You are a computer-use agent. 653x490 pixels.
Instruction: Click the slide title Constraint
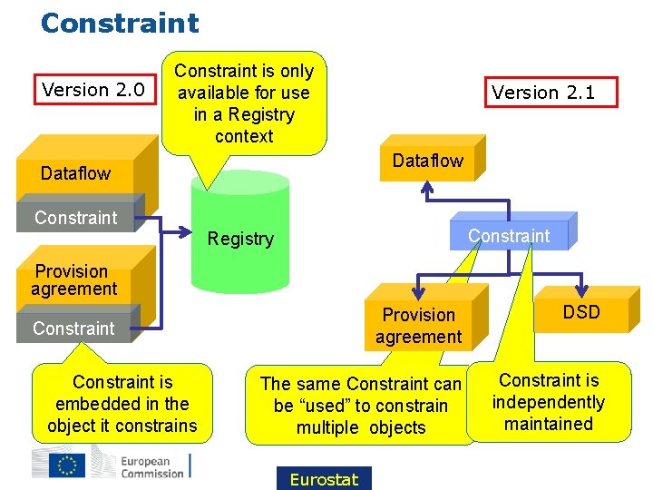pos(119,23)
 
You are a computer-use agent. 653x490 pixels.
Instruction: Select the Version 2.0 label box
pos(93,90)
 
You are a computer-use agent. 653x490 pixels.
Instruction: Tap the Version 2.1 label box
pos(542,93)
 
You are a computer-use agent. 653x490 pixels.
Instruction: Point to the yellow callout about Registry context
pos(244,103)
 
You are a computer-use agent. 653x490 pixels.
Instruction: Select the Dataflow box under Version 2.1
pos(427,162)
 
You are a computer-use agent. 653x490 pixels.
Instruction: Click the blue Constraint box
pos(508,236)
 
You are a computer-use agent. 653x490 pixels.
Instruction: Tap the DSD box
pos(580,313)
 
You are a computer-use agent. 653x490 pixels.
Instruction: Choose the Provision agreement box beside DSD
pos(418,326)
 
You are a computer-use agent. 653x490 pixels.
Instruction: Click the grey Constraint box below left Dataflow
pos(76,218)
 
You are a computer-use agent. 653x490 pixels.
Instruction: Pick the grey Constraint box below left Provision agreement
pos(74,328)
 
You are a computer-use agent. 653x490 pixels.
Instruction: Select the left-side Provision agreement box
pos(74,279)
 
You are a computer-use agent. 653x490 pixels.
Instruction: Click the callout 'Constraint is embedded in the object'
pos(122,404)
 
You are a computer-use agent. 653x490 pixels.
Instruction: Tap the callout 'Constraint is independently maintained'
pos(549,402)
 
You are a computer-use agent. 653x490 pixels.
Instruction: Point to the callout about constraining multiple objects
pos(360,406)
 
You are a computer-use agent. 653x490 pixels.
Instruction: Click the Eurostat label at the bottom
pos(324,479)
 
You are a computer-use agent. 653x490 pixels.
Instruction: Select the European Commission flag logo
pos(70,465)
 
